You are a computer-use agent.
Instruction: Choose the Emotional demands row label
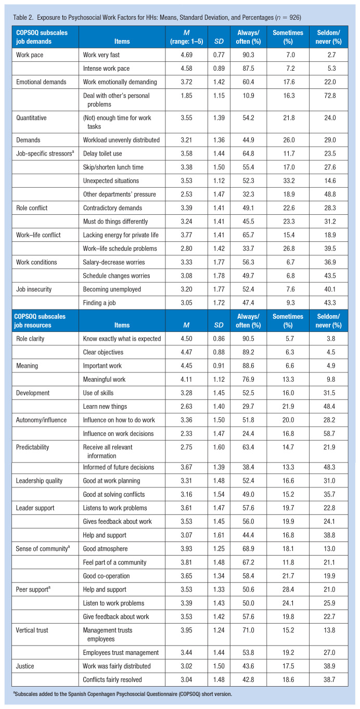(41, 82)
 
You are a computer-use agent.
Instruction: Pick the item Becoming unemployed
(112, 289)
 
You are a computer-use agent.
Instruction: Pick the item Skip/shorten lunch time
(114, 167)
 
